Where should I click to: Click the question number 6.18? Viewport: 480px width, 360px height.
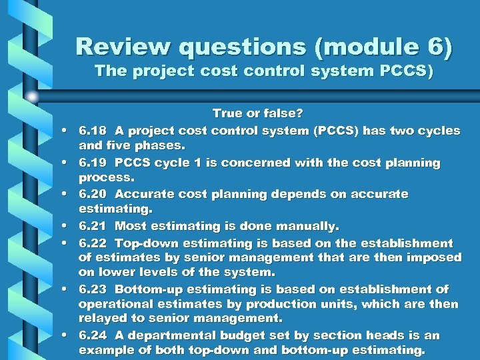[x=93, y=131]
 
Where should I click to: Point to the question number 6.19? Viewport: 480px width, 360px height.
[x=93, y=163]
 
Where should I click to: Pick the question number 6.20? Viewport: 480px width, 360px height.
[x=93, y=194]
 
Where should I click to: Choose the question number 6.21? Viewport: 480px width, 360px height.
[x=93, y=226]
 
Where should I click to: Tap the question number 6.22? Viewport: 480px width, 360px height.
[x=93, y=243]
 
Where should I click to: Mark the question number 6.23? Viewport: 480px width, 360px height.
[x=93, y=289]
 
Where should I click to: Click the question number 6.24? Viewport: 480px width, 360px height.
[x=93, y=335]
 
